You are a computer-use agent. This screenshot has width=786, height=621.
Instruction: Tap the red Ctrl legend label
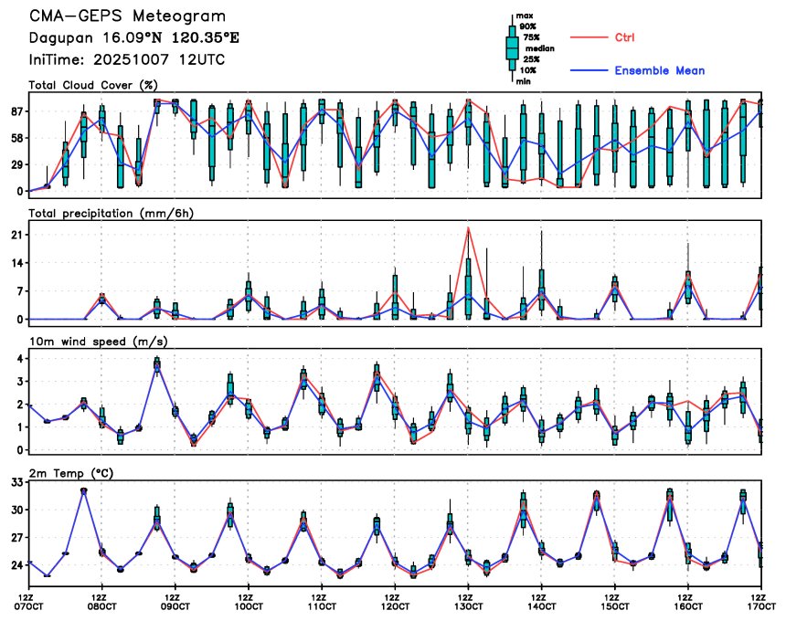tap(624, 37)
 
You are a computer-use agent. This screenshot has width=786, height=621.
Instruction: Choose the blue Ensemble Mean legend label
tap(659, 70)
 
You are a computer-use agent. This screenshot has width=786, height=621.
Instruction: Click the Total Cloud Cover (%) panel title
tap(93, 85)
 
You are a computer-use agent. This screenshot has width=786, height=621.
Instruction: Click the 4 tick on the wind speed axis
tap(18, 358)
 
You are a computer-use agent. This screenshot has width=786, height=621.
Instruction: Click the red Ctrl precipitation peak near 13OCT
tap(468, 227)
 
